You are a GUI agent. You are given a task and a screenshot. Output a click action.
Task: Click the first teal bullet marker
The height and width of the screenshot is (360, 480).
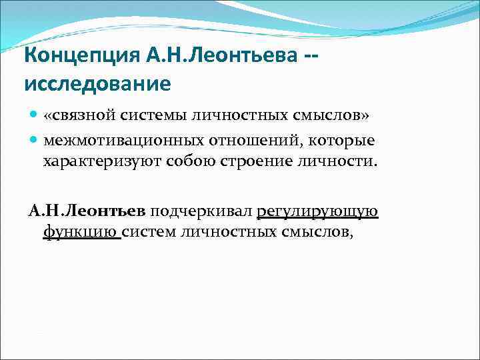[33, 115]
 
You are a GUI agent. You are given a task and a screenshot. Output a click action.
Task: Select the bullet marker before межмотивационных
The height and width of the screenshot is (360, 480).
[33, 140]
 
